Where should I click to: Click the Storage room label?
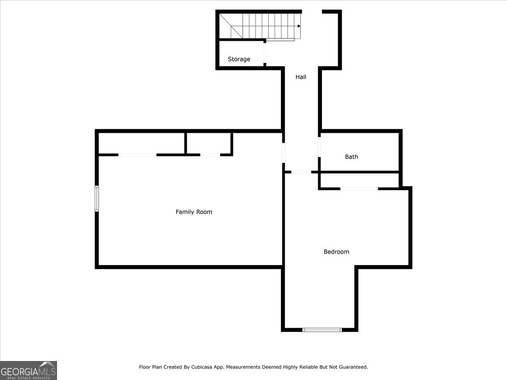[x=239, y=59]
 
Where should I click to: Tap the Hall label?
[x=301, y=77]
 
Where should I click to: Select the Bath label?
[x=352, y=157]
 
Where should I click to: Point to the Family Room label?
[x=194, y=212]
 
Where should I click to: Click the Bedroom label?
[x=336, y=252]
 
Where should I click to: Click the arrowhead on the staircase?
[x=299, y=26]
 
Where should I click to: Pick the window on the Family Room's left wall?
[x=97, y=198]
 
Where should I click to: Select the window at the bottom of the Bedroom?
[x=322, y=330]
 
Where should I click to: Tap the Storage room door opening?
[x=265, y=53]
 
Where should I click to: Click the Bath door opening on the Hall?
[x=319, y=147]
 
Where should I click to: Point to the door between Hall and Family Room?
[x=283, y=153]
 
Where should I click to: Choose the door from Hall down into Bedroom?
[x=301, y=172]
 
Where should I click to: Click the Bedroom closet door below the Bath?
[x=359, y=189]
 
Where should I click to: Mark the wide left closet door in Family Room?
[x=137, y=155]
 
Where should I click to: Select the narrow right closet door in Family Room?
[x=210, y=155]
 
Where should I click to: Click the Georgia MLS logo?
[x=28, y=370]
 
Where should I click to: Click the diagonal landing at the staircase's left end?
[x=231, y=26]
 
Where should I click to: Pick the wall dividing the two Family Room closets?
[x=185, y=143]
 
